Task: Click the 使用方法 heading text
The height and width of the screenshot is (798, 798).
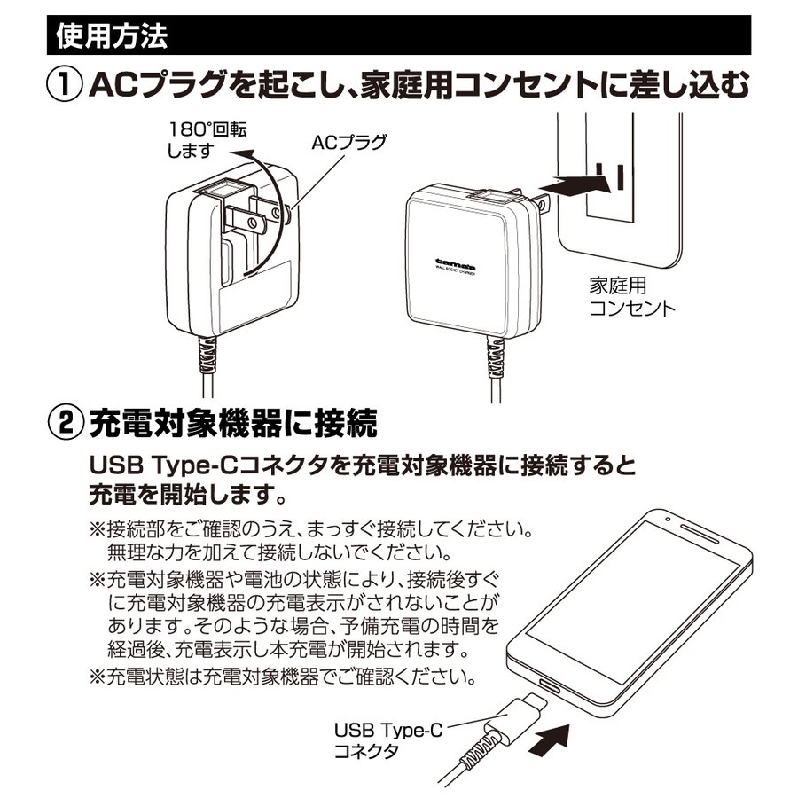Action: click(x=112, y=35)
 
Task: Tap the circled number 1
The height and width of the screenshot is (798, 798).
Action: click(x=65, y=84)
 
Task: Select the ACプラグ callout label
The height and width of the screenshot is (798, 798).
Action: click(x=349, y=143)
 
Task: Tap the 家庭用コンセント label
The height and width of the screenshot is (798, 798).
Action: click(x=632, y=297)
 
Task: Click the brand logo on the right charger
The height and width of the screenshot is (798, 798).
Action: click(x=455, y=265)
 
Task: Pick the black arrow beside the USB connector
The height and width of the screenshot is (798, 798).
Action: click(x=550, y=742)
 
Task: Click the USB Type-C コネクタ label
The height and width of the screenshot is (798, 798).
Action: click(x=388, y=740)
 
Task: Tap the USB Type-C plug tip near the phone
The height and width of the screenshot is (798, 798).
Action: click(x=537, y=701)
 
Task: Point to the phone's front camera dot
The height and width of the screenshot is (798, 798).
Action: click(x=668, y=520)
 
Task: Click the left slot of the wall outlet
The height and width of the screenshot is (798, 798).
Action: click(x=599, y=176)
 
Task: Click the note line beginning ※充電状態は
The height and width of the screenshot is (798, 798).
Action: click(x=284, y=677)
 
